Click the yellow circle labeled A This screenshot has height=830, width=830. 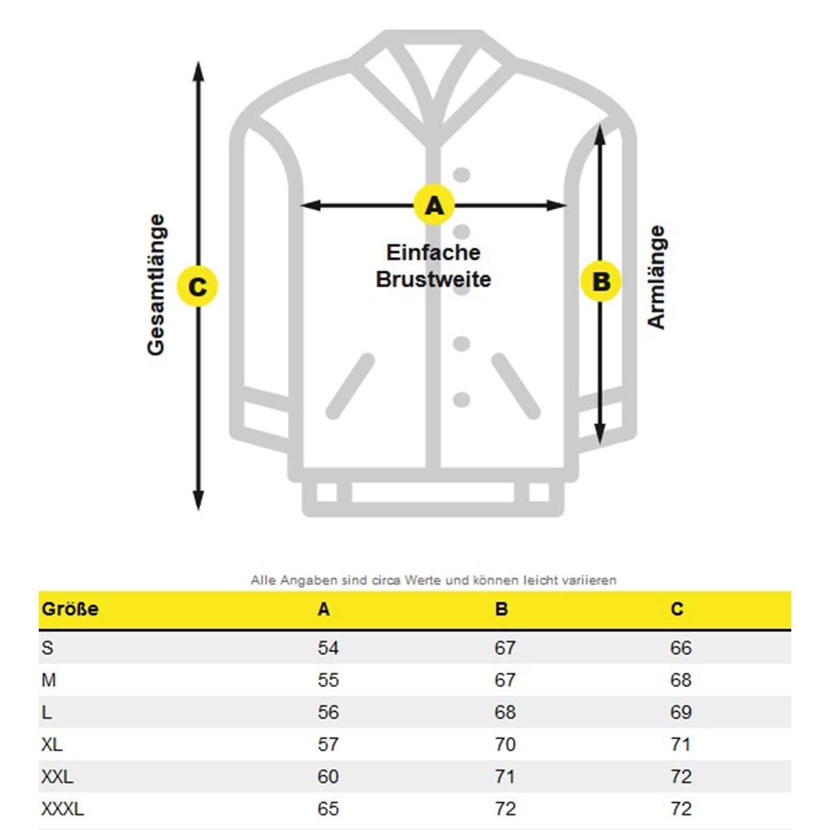click(434, 205)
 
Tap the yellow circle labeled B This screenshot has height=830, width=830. click(600, 282)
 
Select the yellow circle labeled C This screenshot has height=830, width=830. click(197, 286)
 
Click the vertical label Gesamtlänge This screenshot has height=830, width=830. click(156, 285)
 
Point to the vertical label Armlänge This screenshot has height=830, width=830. click(656, 277)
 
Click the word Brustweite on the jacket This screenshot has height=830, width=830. click(433, 279)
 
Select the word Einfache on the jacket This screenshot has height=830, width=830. click(433, 252)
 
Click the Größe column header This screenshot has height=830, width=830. click(70, 609)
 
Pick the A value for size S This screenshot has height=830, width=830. click(328, 648)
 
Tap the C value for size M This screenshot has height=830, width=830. click(681, 680)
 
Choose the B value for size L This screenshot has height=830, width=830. click(505, 712)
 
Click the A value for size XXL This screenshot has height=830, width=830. click(328, 777)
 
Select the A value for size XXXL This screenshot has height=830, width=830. click(328, 809)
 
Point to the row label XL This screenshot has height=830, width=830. click(52, 744)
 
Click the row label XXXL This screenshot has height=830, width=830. click(62, 809)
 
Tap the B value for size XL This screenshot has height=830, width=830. click(505, 744)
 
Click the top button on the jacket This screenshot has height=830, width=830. click(461, 175)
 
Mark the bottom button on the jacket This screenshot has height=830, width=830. click(461, 399)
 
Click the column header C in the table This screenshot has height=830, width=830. click(676, 609)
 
